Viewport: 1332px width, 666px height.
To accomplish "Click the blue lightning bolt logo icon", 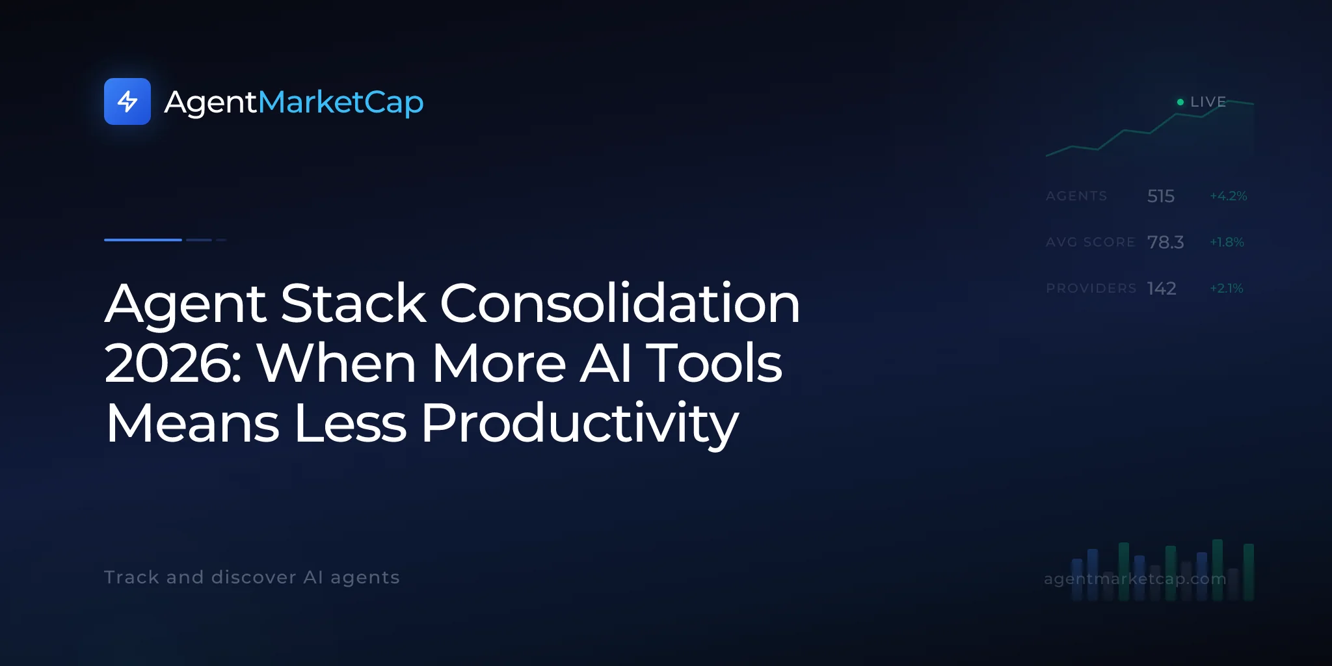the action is pos(127,101).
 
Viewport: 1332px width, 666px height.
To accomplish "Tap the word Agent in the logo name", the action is pos(211,103).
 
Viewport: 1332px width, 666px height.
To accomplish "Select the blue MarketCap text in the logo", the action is pos(341,102).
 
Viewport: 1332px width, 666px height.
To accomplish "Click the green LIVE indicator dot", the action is pos(1180,102).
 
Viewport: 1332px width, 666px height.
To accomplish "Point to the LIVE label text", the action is pos(1208,102).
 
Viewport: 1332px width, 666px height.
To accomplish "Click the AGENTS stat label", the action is pos(1076,196).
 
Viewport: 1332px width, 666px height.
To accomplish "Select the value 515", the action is pos(1161,196).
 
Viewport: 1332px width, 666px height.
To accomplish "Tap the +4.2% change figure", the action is pos(1229,196).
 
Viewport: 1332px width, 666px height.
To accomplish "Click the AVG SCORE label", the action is pos(1090,242).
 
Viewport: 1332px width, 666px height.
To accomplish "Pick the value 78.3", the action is pos(1165,242).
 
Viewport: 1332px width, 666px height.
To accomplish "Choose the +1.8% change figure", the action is pos(1227,242).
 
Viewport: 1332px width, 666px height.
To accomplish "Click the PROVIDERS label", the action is pos(1091,288).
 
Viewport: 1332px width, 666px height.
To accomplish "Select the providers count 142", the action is pos(1162,288).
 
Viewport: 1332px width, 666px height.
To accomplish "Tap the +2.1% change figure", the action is pos(1227,288).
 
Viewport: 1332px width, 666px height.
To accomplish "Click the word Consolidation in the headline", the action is pos(620,303).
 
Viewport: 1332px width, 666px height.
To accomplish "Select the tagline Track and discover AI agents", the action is pos(252,578).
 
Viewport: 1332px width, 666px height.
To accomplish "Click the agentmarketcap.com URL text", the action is pos(1135,579).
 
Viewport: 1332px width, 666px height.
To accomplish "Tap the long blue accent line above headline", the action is pos(143,240).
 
